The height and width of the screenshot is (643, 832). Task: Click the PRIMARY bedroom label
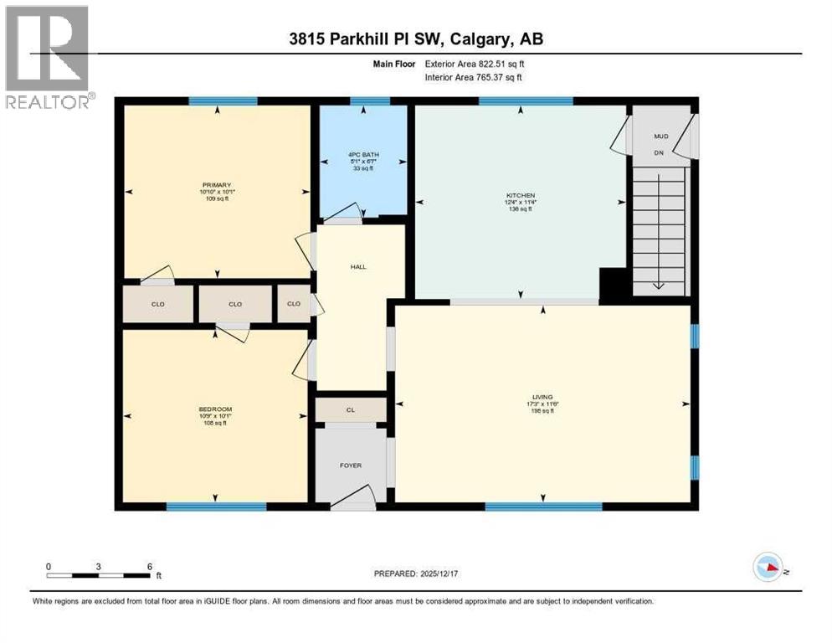click(216, 185)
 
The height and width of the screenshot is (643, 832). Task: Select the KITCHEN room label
click(520, 195)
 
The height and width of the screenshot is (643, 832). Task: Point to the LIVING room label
click(542, 397)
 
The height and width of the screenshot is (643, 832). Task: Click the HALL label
click(358, 267)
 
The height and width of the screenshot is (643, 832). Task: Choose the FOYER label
click(351, 466)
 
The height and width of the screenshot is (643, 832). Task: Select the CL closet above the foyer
click(351, 410)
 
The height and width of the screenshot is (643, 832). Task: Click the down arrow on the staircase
click(659, 283)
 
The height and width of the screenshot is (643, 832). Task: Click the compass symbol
click(766, 568)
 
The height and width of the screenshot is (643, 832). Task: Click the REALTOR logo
click(49, 57)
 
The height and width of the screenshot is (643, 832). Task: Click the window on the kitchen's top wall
click(526, 101)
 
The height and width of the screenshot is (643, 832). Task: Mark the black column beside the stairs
click(614, 285)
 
